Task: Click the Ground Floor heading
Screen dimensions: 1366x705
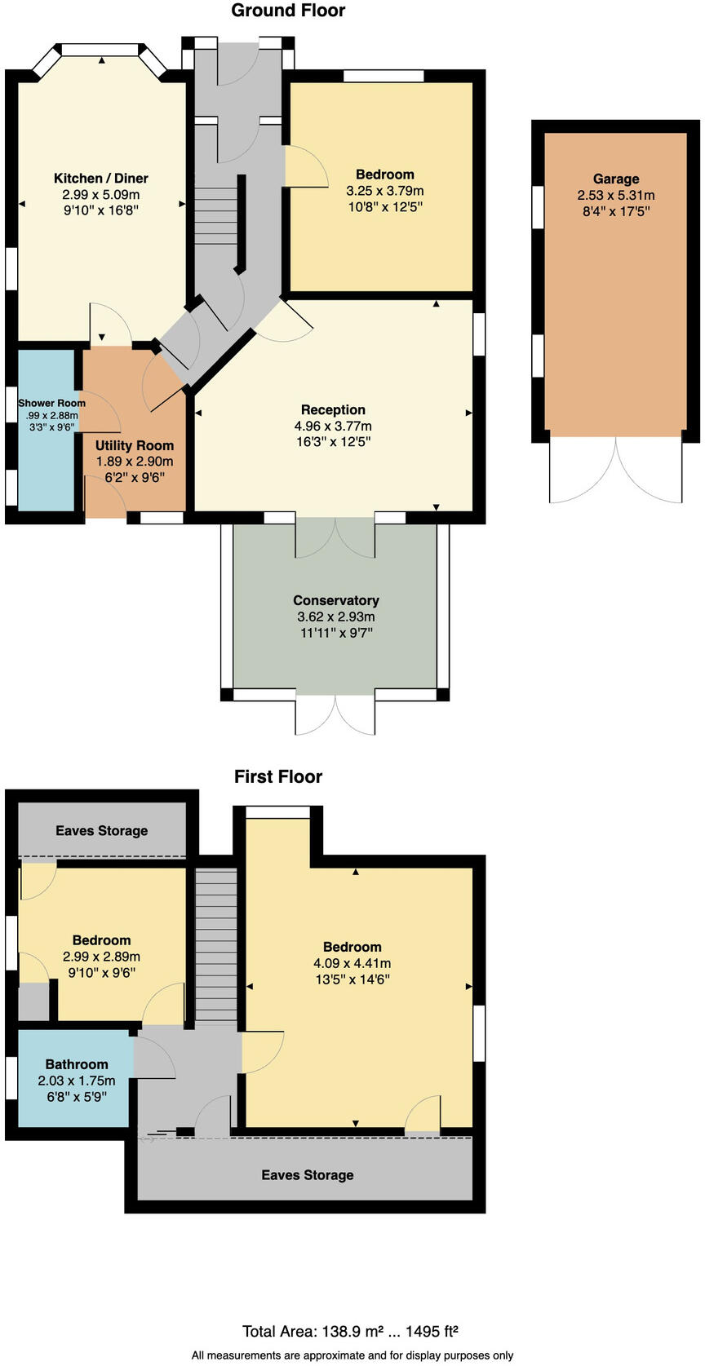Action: point(288,11)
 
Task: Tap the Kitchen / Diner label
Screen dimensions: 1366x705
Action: point(101,179)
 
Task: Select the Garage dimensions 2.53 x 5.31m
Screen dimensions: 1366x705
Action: point(616,196)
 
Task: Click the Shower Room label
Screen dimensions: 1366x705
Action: point(52,403)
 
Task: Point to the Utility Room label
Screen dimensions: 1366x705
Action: point(135,445)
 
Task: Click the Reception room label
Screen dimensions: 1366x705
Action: point(333,410)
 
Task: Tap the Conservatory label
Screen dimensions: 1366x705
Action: point(336,600)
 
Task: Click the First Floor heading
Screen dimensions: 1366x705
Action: point(278,776)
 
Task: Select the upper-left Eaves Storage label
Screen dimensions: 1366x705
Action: point(102,831)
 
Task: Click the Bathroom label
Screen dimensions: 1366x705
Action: point(77,1064)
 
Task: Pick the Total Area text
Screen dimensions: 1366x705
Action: point(350,1332)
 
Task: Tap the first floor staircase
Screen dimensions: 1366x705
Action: point(216,946)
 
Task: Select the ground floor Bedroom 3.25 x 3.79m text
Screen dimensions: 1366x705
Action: point(385,191)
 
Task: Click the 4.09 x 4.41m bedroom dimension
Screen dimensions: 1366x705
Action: point(352,963)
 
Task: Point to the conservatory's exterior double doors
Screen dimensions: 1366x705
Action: point(335,715)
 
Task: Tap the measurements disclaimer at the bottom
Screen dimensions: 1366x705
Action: point(352,1355)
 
